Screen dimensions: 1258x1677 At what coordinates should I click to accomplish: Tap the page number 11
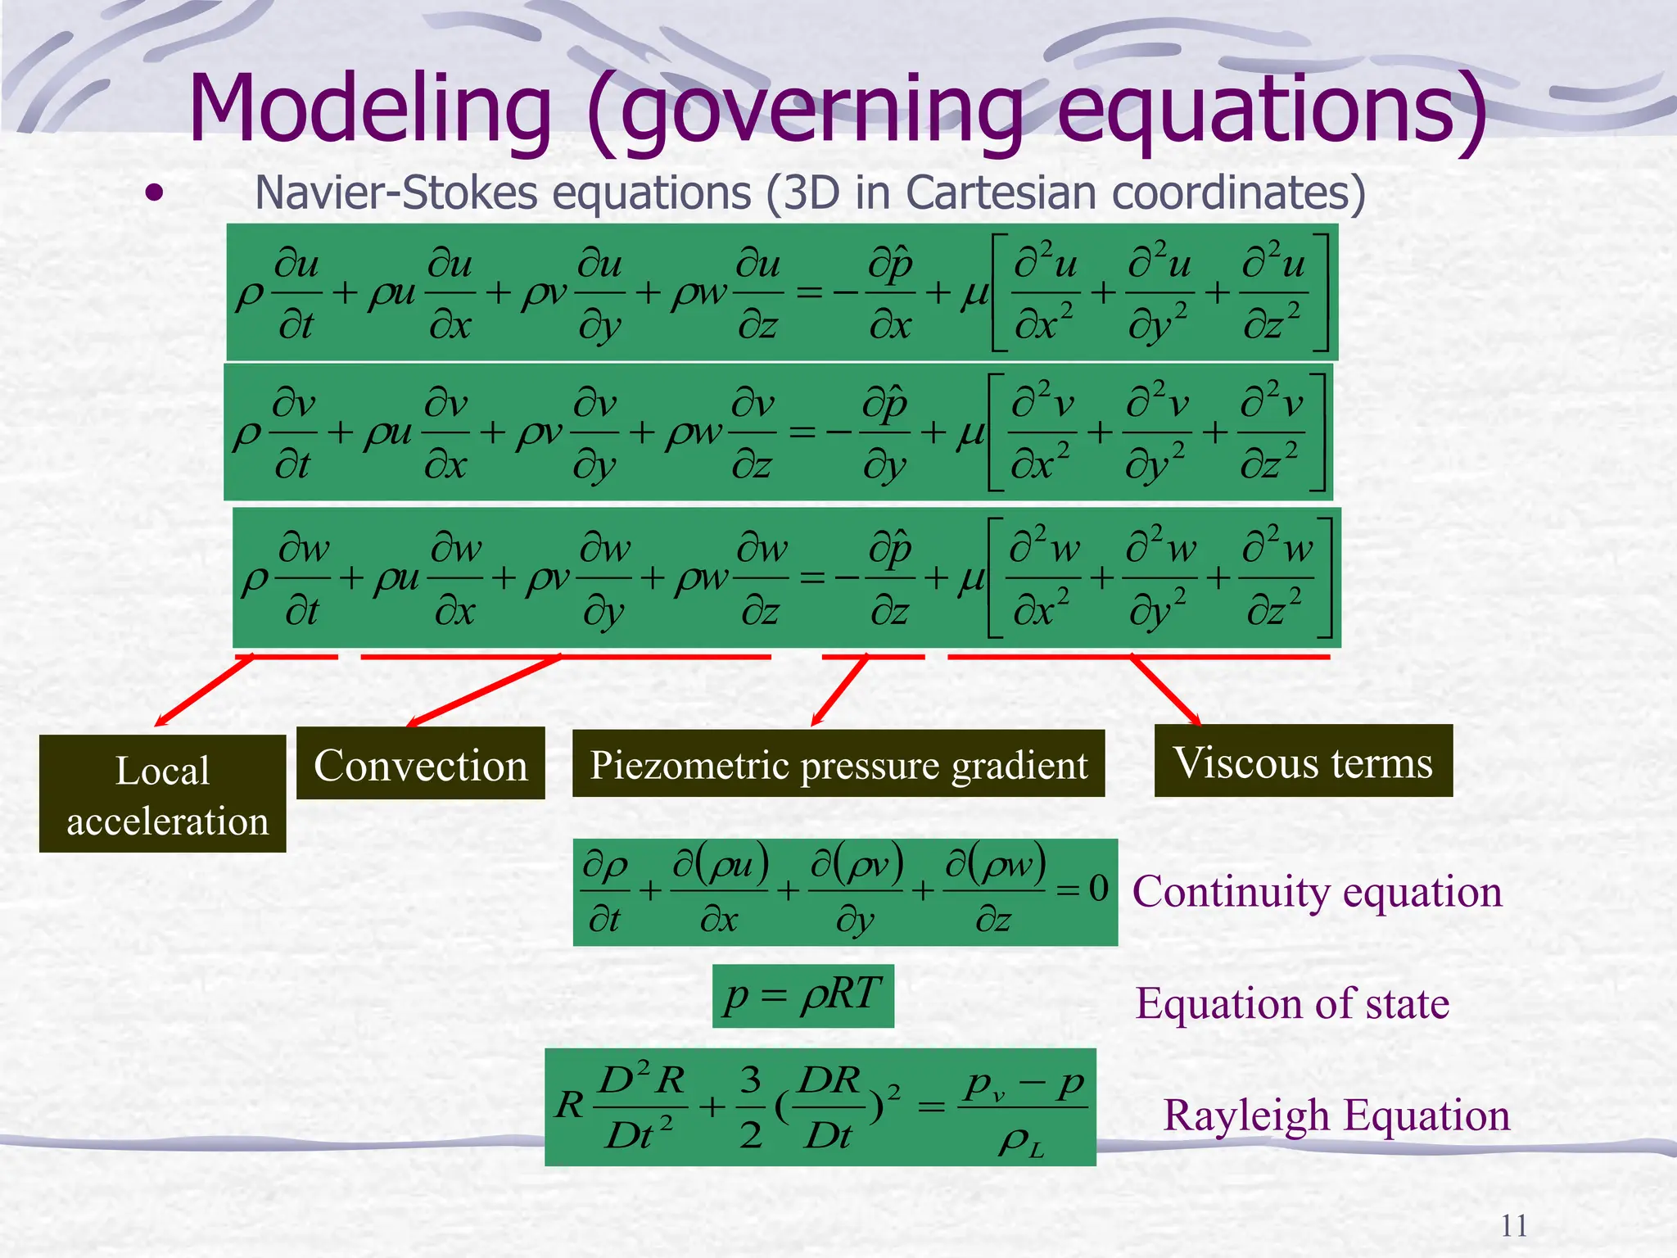coord(1513,1226)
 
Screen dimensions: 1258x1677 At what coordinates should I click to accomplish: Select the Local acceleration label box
coord(163,794)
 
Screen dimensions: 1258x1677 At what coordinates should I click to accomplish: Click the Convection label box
coord(420,764)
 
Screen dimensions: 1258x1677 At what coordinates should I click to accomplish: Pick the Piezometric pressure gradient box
coord(838,764)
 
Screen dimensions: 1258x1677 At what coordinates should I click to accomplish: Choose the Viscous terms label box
coord(1303,762)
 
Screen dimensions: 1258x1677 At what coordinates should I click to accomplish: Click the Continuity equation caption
coord(1317,891)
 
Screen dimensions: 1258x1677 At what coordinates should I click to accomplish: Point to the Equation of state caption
coord(1292,1003)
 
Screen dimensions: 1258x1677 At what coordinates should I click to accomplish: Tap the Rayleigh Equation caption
coord(1336,1115)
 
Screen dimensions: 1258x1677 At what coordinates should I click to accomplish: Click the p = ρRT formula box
coord(802,995)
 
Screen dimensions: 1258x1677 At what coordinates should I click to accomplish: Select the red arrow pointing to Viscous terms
coord(1166,690)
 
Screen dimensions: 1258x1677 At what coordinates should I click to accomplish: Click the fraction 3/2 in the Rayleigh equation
coord(750,1107)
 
